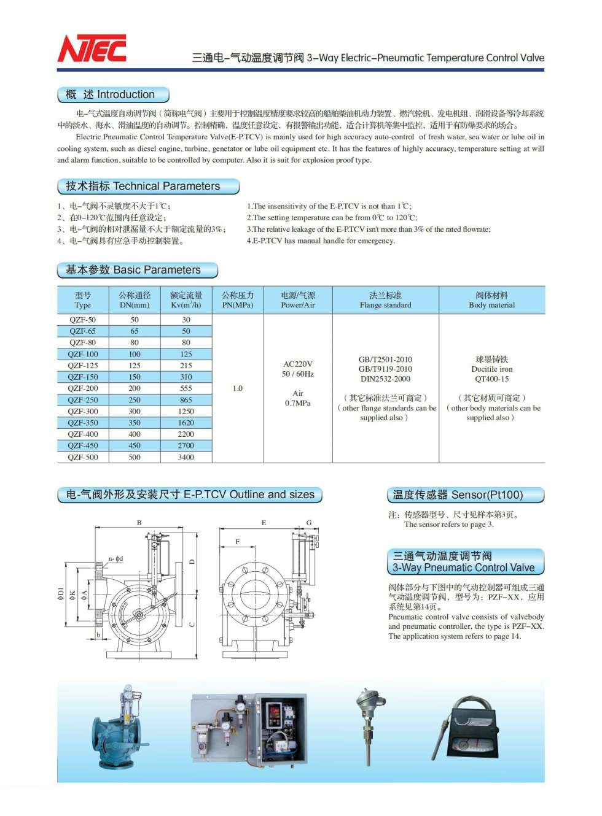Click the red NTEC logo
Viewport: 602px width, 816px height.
pos(92,49)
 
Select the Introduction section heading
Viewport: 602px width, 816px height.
pos(113,94)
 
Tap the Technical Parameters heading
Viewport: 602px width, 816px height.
pos(147,186)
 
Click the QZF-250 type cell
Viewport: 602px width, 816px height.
pos(83,400)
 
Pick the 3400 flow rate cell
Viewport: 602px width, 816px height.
pos(186,457)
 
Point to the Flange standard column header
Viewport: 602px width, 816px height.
pos(386,300)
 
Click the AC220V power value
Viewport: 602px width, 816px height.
pos(298,364)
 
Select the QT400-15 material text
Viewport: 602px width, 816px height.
pos(492,379)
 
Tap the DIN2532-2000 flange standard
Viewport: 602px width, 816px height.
pos(386,379)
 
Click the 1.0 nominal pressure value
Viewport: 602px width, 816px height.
pos(238,388)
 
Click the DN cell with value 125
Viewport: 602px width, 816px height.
pos(135,366)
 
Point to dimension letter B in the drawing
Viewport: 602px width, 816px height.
pos(139,523)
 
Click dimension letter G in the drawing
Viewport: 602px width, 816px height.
pos(309,523)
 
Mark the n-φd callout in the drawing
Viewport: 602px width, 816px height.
pos(115,558)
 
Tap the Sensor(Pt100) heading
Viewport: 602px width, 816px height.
pos(465,495)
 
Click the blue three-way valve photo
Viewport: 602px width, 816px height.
pos(120,730)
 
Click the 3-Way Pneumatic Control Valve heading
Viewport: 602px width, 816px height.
pos(465,561)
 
